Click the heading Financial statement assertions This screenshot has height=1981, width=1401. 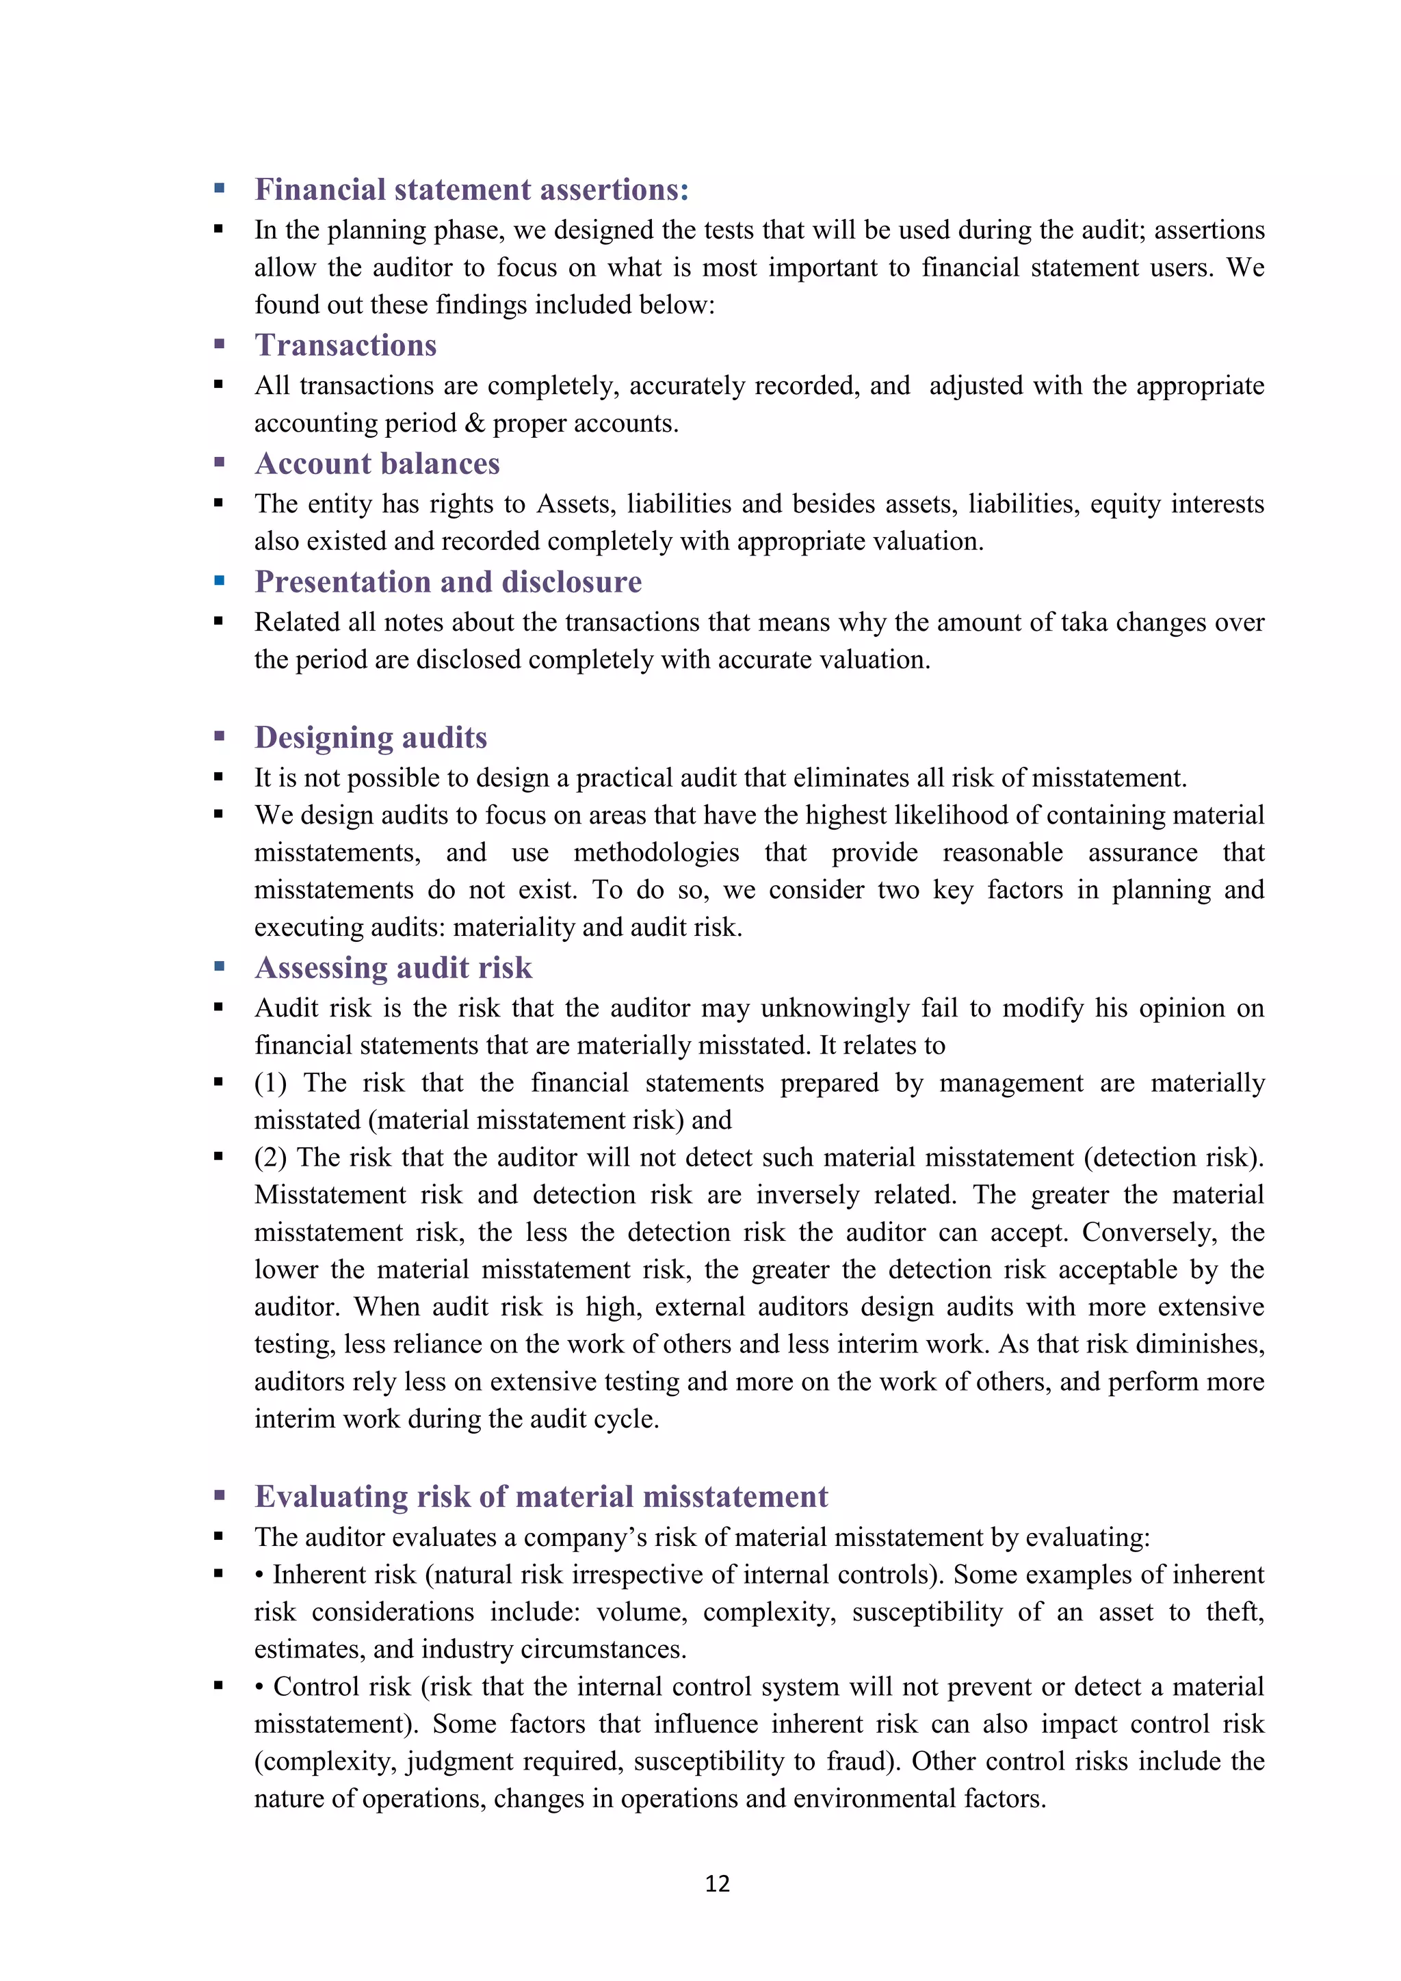471,189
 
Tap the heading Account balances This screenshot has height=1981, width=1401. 377,464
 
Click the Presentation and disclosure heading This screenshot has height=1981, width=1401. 448,582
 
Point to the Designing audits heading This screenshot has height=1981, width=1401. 370,737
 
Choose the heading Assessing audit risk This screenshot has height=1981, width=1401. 393,968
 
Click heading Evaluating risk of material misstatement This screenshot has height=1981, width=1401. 541,1497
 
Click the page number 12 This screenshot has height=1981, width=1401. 717,1883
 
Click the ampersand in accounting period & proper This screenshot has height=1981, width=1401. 475,423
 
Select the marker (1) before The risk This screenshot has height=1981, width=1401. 270,1083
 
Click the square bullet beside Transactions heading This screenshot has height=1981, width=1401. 219,344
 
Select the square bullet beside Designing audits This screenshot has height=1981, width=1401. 219,737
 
